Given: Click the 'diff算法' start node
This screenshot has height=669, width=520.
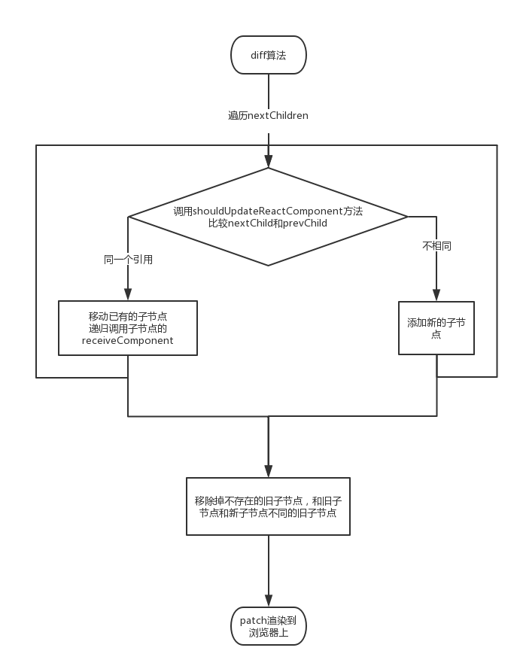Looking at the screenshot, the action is [269, 55].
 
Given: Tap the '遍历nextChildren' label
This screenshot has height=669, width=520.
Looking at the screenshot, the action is [268, 116].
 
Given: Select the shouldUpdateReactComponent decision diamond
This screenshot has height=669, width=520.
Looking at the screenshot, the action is [268, 217].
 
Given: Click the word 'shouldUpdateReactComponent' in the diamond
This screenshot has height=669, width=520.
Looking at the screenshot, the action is [268, 211].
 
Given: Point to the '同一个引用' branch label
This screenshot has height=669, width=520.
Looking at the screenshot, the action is [128, 260].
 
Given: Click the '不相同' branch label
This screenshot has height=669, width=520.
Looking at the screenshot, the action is [436, 246].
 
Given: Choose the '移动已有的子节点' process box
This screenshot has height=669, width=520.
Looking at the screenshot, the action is [127, 328].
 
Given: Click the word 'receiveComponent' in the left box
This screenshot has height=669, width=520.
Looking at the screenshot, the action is [127, 340].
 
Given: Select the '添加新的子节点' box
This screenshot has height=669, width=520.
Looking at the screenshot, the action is [436, 328].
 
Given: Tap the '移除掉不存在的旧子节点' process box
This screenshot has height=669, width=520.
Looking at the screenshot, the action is [268, 506].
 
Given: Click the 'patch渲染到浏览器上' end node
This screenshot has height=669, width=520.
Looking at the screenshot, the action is [269, 626].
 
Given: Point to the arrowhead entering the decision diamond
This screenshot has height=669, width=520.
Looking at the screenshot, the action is [269, 161].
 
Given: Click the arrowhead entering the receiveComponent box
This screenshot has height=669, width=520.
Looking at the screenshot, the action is [127, 294].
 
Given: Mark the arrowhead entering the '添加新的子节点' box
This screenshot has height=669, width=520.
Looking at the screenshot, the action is [436, 295].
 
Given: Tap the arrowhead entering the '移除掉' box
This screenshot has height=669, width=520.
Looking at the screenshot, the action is [269, 471].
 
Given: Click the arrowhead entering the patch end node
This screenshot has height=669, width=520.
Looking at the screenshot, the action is [269, 601].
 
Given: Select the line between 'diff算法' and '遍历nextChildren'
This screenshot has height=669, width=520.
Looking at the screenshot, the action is [269, 91].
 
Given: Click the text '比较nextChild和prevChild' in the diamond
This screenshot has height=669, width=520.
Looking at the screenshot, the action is [268, 224].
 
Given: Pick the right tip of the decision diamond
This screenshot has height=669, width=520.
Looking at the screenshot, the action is [408, 217].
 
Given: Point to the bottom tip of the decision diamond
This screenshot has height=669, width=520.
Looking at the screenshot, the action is [268, 266].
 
